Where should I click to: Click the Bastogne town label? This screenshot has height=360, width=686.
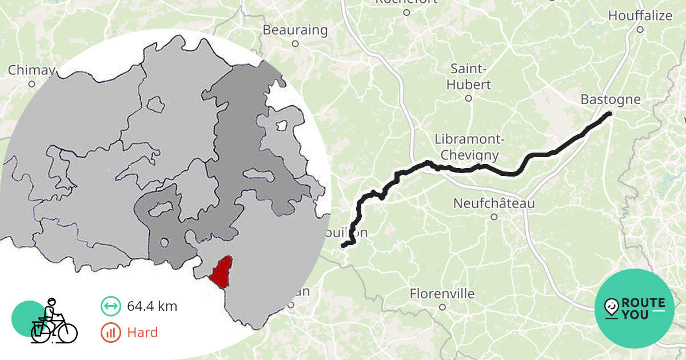(611, 99)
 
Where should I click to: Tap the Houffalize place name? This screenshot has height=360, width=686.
(640, 15)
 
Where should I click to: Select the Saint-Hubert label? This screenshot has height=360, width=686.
(470, 77)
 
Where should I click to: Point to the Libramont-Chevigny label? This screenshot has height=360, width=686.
(466, 147)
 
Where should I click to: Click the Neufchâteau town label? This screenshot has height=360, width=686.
(494, 203)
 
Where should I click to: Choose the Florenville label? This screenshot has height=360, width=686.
(442, 294)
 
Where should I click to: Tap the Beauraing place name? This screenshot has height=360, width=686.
(295, 30)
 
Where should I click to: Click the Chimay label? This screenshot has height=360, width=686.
(31, 70)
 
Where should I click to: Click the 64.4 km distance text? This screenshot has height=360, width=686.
(151, 306)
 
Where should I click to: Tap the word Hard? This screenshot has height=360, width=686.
(142, 333)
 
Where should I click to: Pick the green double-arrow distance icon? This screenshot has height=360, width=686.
(110, 306)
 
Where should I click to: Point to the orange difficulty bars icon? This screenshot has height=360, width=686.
(110, 333)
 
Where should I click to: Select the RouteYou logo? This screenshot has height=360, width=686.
(635, 308)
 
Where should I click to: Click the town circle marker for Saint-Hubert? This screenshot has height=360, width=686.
(468, 98)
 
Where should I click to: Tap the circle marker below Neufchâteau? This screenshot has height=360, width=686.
(494, 217)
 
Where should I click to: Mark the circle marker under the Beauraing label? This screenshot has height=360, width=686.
(295, 43)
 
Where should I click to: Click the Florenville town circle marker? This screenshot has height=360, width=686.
(442, 307)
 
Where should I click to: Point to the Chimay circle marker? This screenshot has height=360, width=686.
(31, 84)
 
